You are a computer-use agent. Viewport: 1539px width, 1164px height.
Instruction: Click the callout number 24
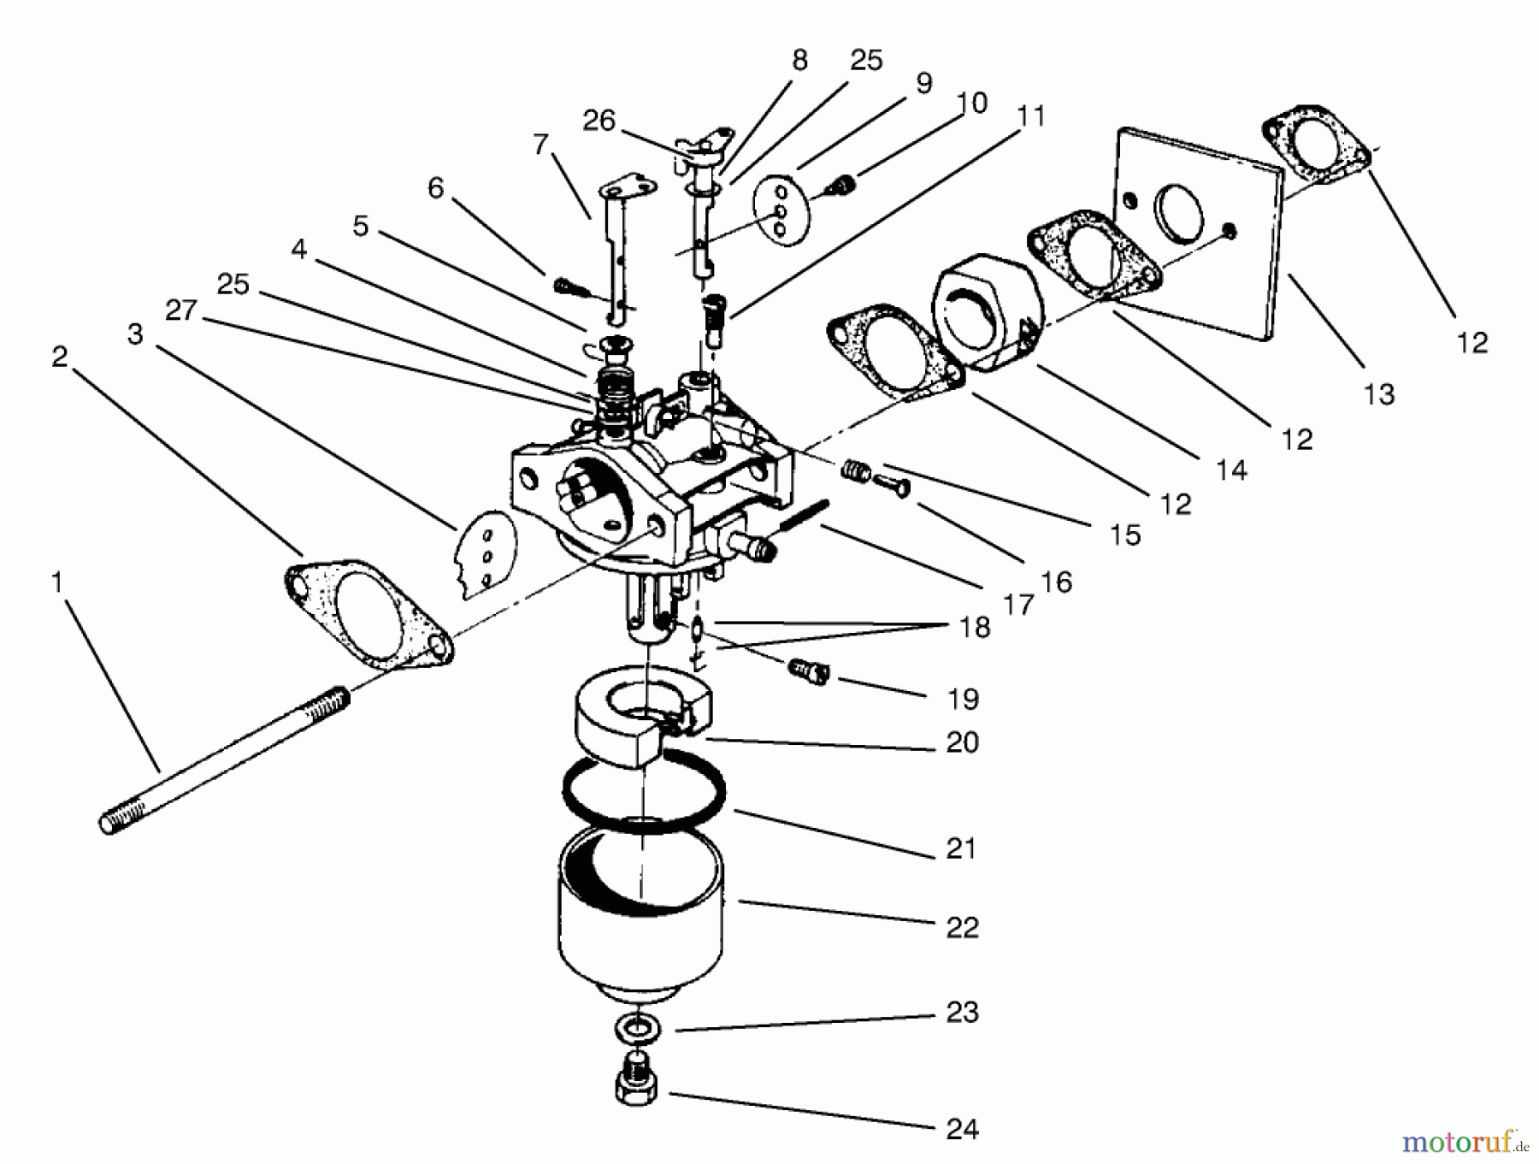point(962,1129)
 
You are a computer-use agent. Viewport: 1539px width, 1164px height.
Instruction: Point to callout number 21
point(961,848)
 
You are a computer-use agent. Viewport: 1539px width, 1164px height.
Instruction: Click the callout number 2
point(59,357)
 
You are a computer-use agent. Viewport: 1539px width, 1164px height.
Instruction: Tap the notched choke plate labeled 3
point(485,552)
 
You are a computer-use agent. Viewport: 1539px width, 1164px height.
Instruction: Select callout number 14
point(1231,470)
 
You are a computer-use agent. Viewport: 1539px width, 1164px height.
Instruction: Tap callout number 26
point(598,121)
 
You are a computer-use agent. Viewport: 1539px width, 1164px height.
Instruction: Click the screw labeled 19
point(808,671)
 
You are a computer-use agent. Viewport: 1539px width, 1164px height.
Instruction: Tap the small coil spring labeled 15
point(855,470)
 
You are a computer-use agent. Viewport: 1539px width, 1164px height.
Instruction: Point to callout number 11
point(1032,115)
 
